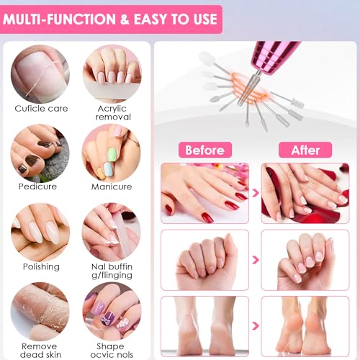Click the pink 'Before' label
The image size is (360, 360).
pyautogui.click(x=204, y=150)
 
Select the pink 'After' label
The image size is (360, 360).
pyautogui.click(x=305, y=150)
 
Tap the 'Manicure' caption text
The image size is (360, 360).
pyautogui.click(x=112, y=187)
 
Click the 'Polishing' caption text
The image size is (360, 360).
pyautogui.click(x=40, y=266)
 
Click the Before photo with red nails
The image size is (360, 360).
pyautogui.click(x=204, y=192)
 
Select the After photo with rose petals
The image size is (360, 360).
pyautogui.click(x=305, y=192)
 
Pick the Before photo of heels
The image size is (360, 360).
pyautogui.click(x=204, y=325)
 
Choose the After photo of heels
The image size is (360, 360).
pyautogui.click(x=305, y=325)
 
